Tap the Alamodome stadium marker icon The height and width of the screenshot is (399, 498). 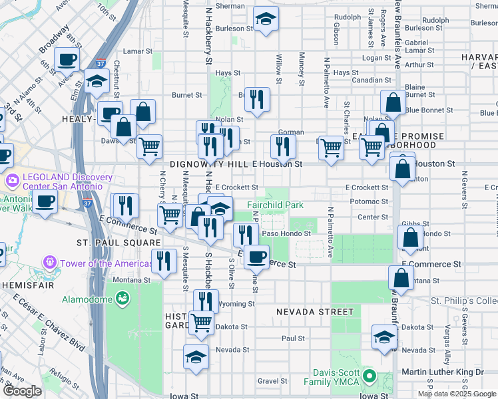[x=122, y=299]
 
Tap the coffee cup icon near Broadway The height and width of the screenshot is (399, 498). [x=67, y=60]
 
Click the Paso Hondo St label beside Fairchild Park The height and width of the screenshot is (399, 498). [x=286, y=233]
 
